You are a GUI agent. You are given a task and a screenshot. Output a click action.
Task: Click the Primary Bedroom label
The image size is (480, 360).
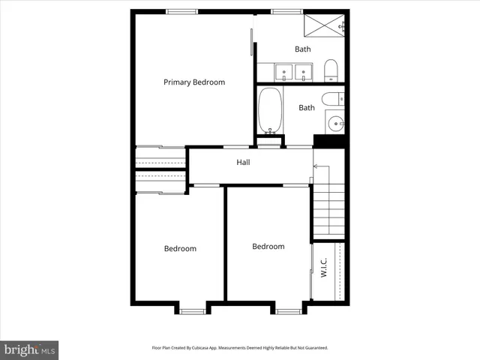click(x=194, y=82)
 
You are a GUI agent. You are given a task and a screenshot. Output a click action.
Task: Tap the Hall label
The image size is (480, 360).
click(x=243, y=162)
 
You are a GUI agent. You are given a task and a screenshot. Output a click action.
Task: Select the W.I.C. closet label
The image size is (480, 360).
click(x=324, y=268)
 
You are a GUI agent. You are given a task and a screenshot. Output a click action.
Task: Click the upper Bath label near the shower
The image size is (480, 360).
click(x=302, y=49)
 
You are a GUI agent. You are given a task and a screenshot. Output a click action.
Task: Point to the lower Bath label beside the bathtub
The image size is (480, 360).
click(x=307, y=108)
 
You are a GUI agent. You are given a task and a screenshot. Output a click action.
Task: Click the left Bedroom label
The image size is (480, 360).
click(x=180, y=249)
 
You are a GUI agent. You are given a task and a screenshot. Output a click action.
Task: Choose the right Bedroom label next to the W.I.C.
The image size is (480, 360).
click(x=268, y=247)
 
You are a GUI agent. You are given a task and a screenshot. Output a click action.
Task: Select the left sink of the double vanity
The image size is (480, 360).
click(x=284, y=73)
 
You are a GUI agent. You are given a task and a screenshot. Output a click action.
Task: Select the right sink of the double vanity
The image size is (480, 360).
click(x=304, y=73)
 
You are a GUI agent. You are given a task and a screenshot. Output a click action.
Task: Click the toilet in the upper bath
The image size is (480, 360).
click(x=331, y=72)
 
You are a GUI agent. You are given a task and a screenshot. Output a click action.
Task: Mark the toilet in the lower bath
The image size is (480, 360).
click(x=333, y=98)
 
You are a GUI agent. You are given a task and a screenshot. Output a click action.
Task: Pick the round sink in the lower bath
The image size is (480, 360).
click(x=335, y=123)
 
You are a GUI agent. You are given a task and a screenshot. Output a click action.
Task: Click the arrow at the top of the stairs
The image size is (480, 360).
click(x=316, y=165)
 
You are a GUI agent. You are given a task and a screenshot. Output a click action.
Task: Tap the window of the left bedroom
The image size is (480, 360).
click(x=193, y=310)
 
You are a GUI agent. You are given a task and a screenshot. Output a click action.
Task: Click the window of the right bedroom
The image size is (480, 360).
click(x=287, y=310)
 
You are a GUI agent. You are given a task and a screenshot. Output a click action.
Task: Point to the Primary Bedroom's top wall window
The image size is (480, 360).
click(x=182, y=11)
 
